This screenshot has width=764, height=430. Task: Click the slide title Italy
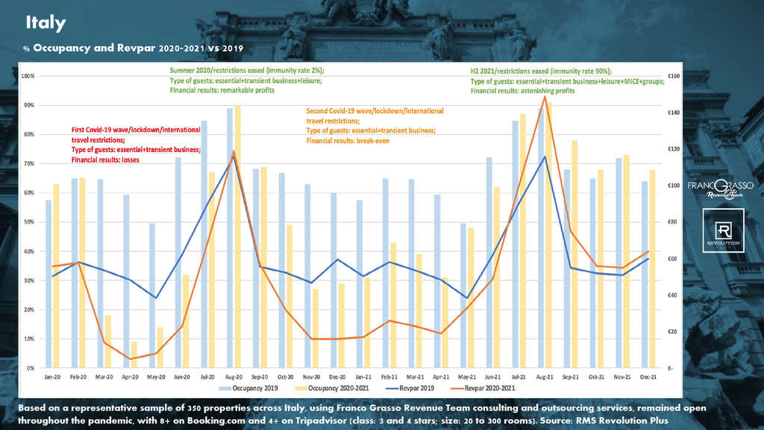pos(46,23)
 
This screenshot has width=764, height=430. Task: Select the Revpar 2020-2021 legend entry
pos(489,388)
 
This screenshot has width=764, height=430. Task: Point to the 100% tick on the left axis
pos(28,76)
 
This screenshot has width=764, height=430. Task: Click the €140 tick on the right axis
pos(672,113)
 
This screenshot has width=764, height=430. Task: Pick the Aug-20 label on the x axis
pos(234,377)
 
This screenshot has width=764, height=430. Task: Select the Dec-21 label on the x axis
pos(649,377)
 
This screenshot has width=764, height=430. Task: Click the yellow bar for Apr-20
pos(134,355)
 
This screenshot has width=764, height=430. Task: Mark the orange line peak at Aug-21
pos(545,96)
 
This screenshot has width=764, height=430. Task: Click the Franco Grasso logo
pos(720,187)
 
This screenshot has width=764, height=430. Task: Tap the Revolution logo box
pos(723,231)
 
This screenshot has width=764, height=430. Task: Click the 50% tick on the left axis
pos(29,222)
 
